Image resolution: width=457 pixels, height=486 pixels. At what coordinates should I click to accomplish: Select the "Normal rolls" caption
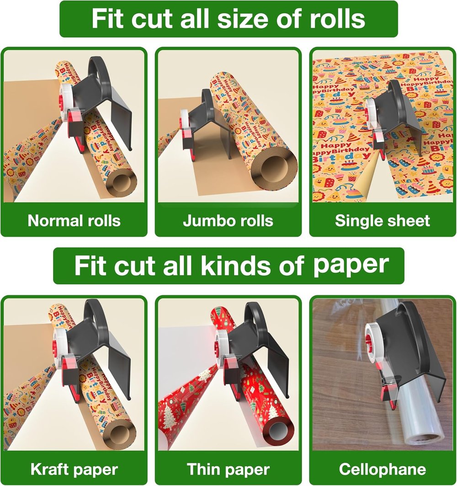pyautogui.click(x=74, y=221)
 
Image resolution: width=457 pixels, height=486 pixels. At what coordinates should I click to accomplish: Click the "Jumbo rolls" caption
pyautogui.click(x=228, y=221)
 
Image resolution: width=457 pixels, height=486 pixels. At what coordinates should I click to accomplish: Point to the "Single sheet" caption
pyautogui.click(x=383, y=221)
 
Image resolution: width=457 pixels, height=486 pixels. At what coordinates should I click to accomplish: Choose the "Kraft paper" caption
pyautogui.click(x=74, y=469)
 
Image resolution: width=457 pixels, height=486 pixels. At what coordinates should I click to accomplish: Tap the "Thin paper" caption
pyautogui.click(x=228, y=469)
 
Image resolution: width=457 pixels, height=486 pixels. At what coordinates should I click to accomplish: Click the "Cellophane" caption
pyautogui.click(x=383, y=469)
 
